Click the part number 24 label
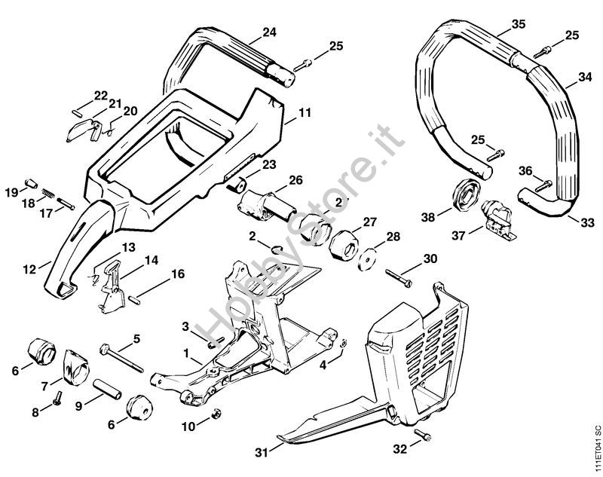(269, 32)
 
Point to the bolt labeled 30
(399, 278)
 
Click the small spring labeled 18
(48, 193)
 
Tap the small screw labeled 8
(58, 398)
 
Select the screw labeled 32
(422, 435)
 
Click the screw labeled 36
(543, 185)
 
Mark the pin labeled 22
(77, 112)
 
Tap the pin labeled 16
(134, 298)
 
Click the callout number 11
(305, 113)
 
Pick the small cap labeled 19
(31, 183)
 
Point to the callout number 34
(585, 77)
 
